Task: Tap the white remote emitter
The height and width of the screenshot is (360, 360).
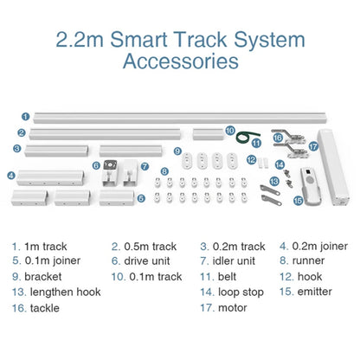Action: (305, 179)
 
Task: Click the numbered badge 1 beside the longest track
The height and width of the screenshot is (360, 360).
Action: (26, 115)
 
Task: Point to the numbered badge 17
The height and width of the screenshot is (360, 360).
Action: (312, 147)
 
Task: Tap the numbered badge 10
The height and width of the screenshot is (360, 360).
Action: (229, 131)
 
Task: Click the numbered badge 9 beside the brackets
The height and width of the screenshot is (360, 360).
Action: (176, 152)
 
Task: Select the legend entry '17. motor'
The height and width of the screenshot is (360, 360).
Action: (226, 307)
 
